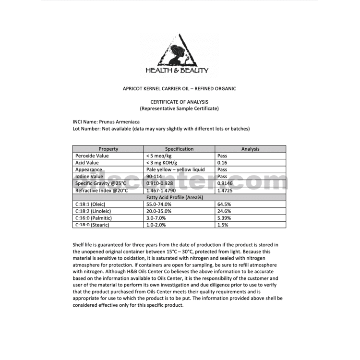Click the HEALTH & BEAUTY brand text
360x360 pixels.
coord(177,71)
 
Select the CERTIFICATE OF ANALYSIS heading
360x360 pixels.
coord(180,102)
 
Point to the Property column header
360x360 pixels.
coord(108,149)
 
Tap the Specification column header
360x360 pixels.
coord(179,149)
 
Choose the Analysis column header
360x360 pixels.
coord(250,149)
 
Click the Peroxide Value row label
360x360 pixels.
coord(92,156)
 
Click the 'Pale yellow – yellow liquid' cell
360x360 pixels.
coord(175,169)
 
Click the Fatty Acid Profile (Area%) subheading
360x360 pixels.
coord(179,197)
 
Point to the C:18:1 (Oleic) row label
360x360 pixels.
coord(90,204)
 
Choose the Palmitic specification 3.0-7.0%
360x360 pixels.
coord(158,218)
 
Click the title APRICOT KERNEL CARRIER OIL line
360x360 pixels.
coord(180,88)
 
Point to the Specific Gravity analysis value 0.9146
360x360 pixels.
coord(225,183)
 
